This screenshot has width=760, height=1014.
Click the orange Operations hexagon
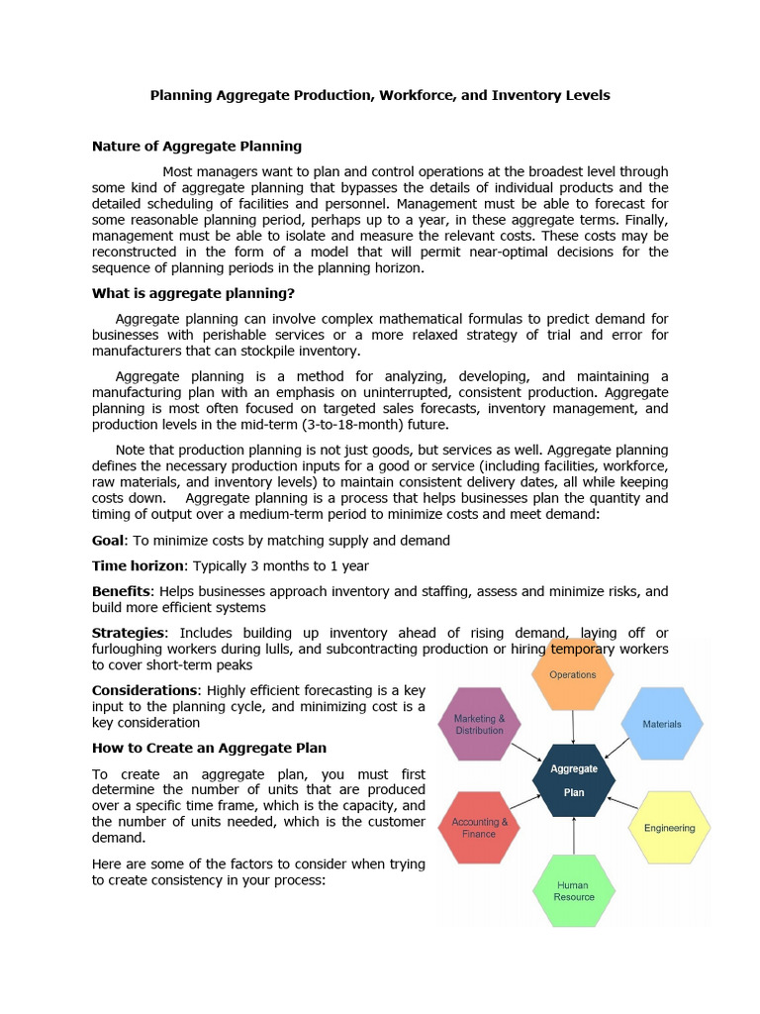point(573,674)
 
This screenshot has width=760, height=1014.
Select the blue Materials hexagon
point(662,724)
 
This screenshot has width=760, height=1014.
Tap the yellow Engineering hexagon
point(669,828)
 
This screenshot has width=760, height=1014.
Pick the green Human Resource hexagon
point(574,890)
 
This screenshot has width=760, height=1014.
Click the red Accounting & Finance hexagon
point(480,828)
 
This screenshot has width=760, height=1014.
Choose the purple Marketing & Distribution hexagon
point(479,724)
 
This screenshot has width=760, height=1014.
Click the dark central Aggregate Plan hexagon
point(574,779)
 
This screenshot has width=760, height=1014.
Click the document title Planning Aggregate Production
point(379,96)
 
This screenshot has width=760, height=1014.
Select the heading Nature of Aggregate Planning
point(197,147)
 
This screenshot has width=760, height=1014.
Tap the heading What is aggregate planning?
point(193,293)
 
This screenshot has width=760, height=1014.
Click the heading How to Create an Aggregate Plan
point(209,748)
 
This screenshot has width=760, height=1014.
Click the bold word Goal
point(108,541)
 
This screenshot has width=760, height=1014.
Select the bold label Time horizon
point(139,565)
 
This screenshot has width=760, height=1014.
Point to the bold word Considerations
point(143,690)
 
